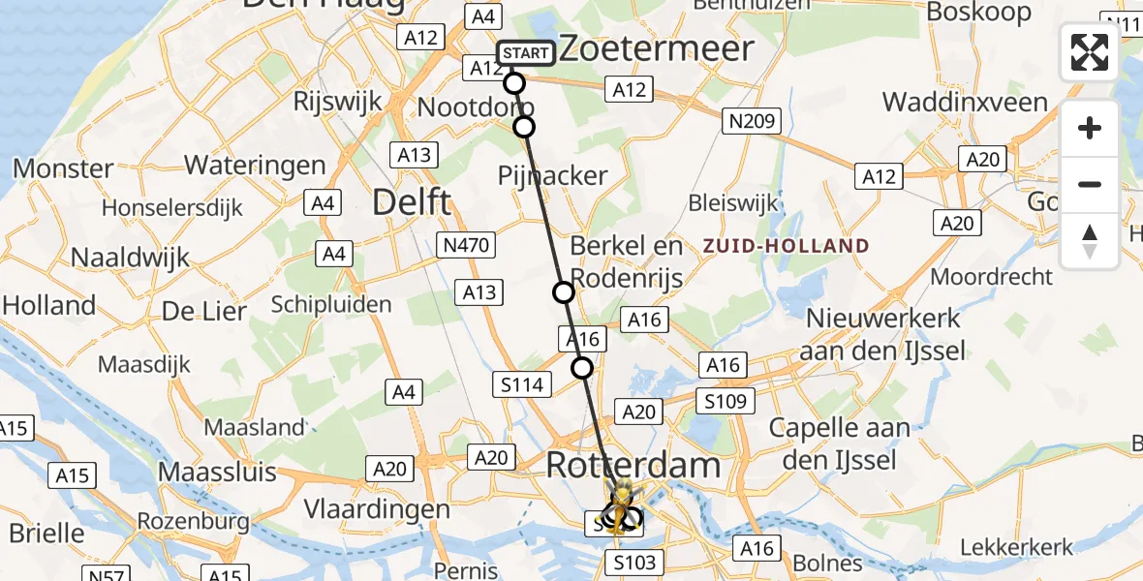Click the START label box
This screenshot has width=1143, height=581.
[x=525, y=53]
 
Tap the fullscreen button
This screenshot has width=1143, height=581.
[x=1090, y=52]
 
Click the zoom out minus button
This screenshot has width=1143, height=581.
[x=1090, y=184]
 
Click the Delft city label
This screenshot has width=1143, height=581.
[x=413, y=203]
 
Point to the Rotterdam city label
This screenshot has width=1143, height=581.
[x=633, y=465]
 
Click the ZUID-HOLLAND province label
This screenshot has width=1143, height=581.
[x=786, y=246]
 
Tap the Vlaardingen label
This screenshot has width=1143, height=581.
[x=378, y=509]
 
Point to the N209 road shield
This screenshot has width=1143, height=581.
[x=750, y=121]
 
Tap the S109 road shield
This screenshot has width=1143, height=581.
[x=727, y=401]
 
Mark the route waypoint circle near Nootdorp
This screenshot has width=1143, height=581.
[x=524, y=127]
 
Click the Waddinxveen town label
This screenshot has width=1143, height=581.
[x=965, y=103]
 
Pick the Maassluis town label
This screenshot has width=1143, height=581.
[x=217, y=474]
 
